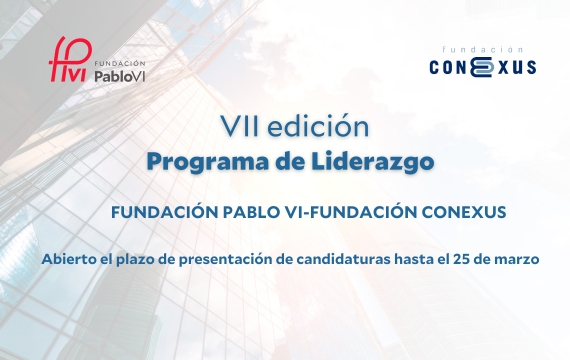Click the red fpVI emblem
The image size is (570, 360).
point(70,62)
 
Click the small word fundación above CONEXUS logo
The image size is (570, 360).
point(485,48)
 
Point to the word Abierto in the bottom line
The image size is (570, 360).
point(69,259)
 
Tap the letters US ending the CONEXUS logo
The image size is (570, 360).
point(523,67)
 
